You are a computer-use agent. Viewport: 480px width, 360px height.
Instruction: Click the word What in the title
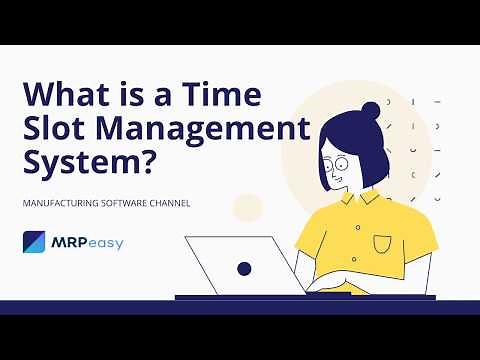70,94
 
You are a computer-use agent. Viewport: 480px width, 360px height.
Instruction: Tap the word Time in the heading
225,94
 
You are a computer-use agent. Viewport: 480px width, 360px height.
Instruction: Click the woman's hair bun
371,109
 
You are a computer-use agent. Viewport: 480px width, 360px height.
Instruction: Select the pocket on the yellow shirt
383,243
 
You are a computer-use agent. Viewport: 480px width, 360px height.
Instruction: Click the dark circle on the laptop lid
243,268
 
